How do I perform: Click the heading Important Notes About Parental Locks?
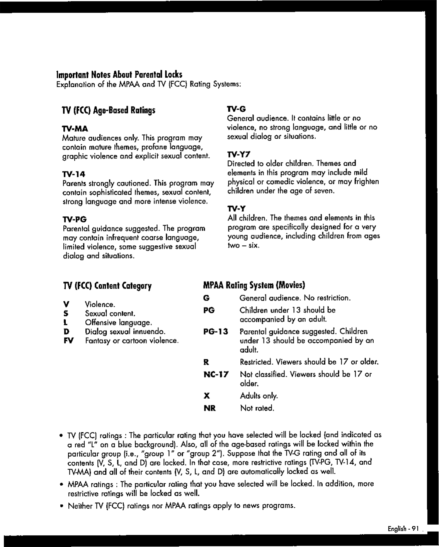click(119, 74)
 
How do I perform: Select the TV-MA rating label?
click(75, 129)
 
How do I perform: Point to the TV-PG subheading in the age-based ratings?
click(75, 219)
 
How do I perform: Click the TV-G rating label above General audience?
click(236, 109)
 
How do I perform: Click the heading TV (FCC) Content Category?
click(107, 286)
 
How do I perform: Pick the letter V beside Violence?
click(66, 304)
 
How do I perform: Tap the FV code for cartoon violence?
click(68, 341)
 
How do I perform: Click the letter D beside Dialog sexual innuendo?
click(66, 331)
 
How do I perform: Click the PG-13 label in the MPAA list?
click(215, 331)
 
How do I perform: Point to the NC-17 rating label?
click(216, 374)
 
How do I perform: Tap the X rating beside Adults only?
click(207, 396)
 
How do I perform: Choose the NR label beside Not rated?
click(209, 408)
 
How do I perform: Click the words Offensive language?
click(118, 323)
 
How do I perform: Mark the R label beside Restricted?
click(206, 362)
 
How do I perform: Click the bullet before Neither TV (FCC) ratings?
click(61, 506)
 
